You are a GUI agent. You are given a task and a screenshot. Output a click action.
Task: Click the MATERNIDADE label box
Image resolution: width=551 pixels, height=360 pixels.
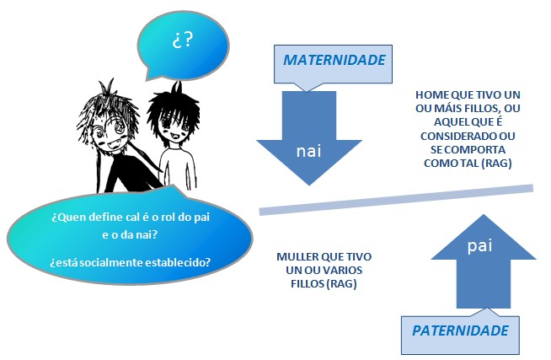[334, 62]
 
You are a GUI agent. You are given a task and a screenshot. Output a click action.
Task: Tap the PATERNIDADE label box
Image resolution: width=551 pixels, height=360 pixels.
[460, 330]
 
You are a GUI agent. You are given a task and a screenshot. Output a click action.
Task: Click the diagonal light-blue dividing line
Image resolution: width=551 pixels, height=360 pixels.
[396, 198]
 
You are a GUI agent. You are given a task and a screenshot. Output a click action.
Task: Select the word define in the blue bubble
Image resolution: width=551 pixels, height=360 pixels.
[103, 217]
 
